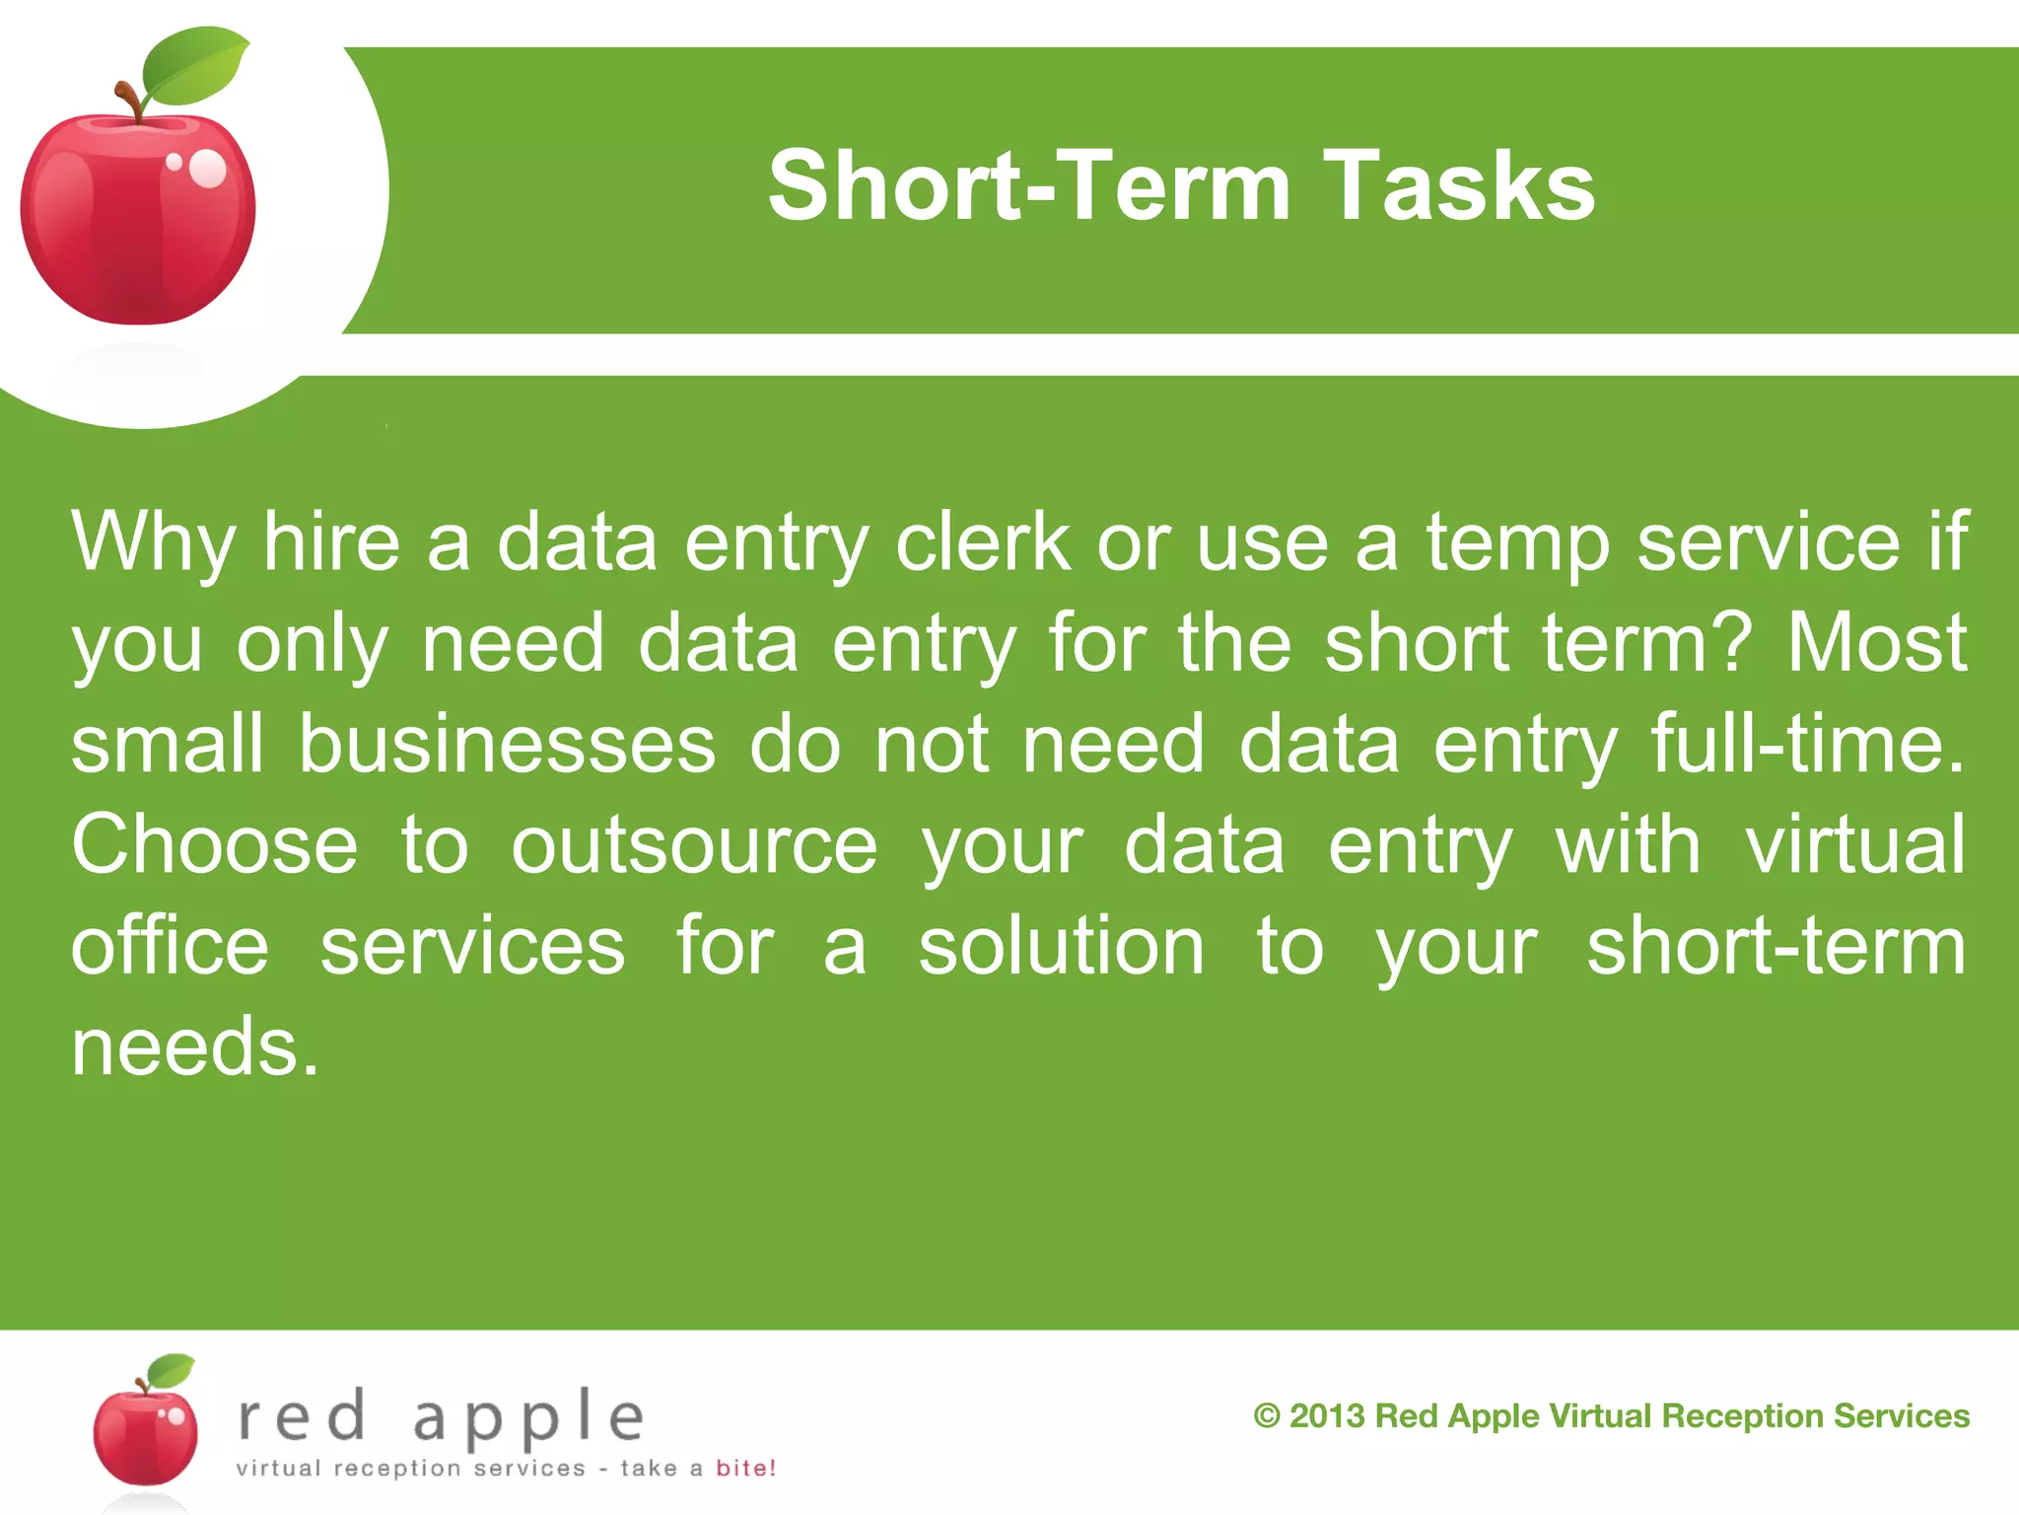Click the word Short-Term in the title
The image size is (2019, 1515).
click(x=1029, y=185)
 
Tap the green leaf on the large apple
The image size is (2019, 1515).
click(x=193, y=67)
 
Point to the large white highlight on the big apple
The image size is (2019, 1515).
click(x=208, y=169)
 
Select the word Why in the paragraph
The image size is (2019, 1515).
click(x=153, y=542)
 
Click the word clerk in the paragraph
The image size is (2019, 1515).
click(x=983, y=542)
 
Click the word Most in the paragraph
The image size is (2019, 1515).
click(x=1876, y=643)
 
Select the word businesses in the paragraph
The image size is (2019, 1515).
click(x=507, y=744)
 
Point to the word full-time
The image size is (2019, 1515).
click(x=1807, y=744)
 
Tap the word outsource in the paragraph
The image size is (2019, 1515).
click(x=694, y=846)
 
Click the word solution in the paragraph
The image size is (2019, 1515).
click(x=1062, y=946)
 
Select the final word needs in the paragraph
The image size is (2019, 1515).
click(x=194, y=1046)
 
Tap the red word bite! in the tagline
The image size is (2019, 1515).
click(x=745, y=1468)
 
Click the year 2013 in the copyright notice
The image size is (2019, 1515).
click(x=1327, y=1416)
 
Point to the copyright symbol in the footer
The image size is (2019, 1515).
click(x=1267, y=1416)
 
